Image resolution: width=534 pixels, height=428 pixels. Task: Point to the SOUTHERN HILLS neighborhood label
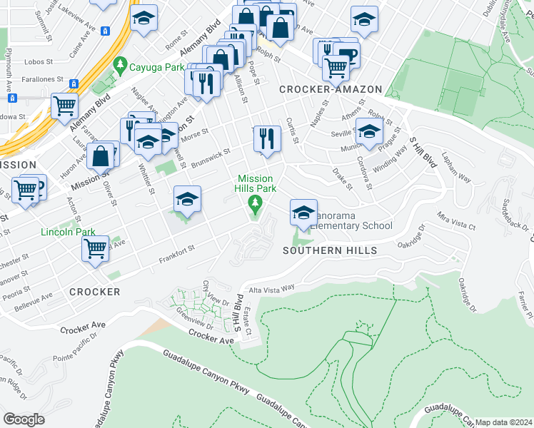coord(319,250)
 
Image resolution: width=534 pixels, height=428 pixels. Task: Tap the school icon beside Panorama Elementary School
coord(303,213)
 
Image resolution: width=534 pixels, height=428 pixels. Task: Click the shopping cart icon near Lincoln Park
coord(95,249)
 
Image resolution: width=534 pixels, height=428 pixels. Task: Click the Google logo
coord(24,419)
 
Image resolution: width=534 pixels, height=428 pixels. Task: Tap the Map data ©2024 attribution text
coord(503,422)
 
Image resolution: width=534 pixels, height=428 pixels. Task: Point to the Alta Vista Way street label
coord(271,288)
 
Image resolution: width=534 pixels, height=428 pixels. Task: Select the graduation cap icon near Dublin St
coord(363,21)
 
